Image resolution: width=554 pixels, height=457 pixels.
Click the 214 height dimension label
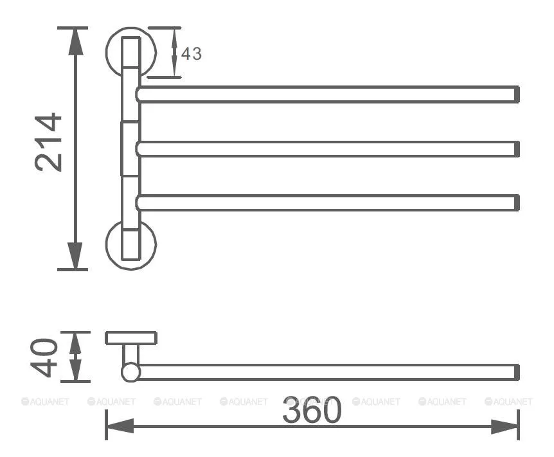point(48,142)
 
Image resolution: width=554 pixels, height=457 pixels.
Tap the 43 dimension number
point(191,54)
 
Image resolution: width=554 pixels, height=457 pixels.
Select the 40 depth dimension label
point(44,357)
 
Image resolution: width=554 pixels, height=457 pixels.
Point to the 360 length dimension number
point(312,410)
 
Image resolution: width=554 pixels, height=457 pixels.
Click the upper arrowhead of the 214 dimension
point(76,42)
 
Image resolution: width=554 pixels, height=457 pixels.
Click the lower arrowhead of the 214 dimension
point(76,256)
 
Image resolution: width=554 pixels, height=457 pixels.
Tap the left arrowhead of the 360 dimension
point(120,426)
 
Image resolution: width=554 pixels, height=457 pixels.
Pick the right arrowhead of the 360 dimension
point(505,426)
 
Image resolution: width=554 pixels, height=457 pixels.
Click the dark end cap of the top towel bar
point(517,94)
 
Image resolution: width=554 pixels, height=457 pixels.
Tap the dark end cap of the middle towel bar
point(517,149)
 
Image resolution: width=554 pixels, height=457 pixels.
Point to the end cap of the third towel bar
point(517,203)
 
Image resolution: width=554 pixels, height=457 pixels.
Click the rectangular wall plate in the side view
point(131,338)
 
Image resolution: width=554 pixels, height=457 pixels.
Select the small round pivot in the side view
point(130,372)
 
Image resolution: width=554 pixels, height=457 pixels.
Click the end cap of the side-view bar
point(517,372)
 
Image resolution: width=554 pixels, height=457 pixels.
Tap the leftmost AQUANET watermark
point(45,402)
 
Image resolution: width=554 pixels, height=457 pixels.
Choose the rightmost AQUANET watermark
point(509,402)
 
